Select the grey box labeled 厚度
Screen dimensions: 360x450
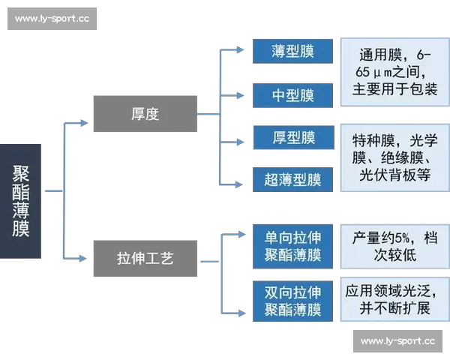pyautogui.click(x=144, y=113)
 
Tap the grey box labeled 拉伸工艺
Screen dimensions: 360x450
pyautogui.click(x=144, y=258)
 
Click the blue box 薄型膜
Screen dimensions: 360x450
pyautogui.click(x=292, y=52)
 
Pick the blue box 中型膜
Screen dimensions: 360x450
pyautogui.click(x=292, y=95)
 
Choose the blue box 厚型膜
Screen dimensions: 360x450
pyautogui.click(x=292, y=138)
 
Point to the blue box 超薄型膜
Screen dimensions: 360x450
pyautogui.click(x=292, y=180)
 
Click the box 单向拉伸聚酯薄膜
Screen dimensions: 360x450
pyautogui.click(x=292, y=246)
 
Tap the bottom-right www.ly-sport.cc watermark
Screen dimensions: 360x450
pyautogui.click(x=397, y=341)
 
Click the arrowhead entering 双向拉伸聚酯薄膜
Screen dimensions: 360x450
pyautogui.click(x=241, y=308)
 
